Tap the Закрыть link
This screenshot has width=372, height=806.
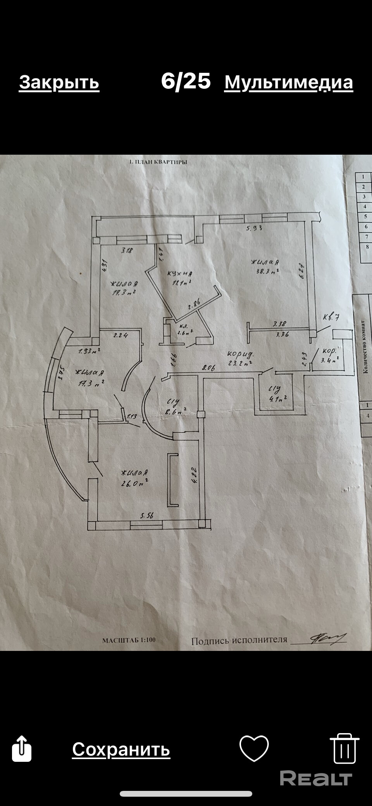[x=59, y=82]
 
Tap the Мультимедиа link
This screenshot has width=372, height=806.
[x=288, y=82]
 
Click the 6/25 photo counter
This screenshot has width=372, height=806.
[x=186, y=81]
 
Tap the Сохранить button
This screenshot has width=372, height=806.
[x=121, y=749]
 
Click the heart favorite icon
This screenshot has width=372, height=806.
[x=254, y=748]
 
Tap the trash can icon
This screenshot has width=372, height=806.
[x=344, y=748]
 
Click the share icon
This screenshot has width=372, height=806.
[x=22, y=749]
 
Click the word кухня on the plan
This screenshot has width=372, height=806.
[x=180, y=274]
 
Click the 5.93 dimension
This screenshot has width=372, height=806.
[x=254, y=228]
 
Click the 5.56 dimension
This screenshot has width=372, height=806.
[x=147, y=516]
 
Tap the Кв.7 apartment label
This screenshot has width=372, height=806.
[x=331, y=317]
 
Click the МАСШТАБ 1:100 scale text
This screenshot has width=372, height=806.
[x=129, y=640]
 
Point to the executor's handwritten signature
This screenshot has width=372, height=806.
[x=327, y=638]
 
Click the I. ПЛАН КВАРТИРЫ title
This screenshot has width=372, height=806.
[x=158, y=162]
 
